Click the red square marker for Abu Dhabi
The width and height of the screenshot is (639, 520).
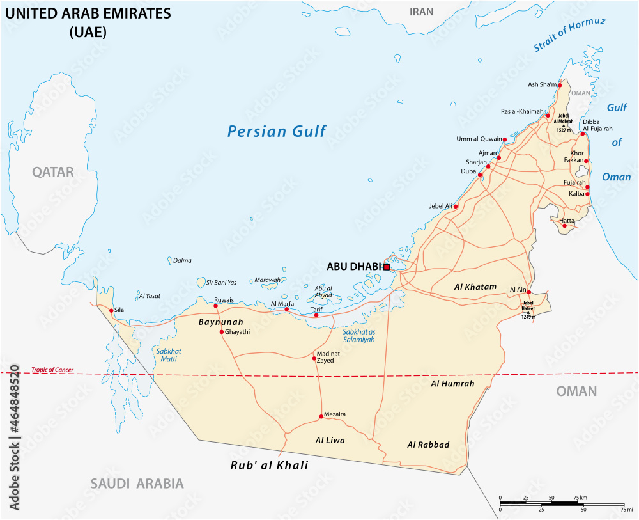(x=387, y=267)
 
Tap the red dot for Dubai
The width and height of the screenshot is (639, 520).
(x=480, y=174)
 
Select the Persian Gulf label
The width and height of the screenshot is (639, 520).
(x=277, y=132)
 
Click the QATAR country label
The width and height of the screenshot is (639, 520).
(x=54, y=172)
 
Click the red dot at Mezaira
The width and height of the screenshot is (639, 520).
(x=321, y=418)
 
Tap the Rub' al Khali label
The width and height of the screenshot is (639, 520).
(x=269, y=466)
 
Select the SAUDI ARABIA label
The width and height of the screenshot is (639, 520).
(x=137, y=484)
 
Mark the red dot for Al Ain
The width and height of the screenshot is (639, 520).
(x=529, y=292)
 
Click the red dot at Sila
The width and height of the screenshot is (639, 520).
(x=112, y=311)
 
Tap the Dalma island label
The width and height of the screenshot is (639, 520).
(x=182, y=260)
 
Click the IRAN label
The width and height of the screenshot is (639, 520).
(x=421, y=12)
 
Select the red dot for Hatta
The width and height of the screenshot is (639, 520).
(x=564, y=225)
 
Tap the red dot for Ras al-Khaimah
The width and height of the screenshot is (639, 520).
(x=548, y=116)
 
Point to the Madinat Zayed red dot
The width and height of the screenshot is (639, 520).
(x=314, y=358)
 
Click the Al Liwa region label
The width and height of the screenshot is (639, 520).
(x=330, y=441)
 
